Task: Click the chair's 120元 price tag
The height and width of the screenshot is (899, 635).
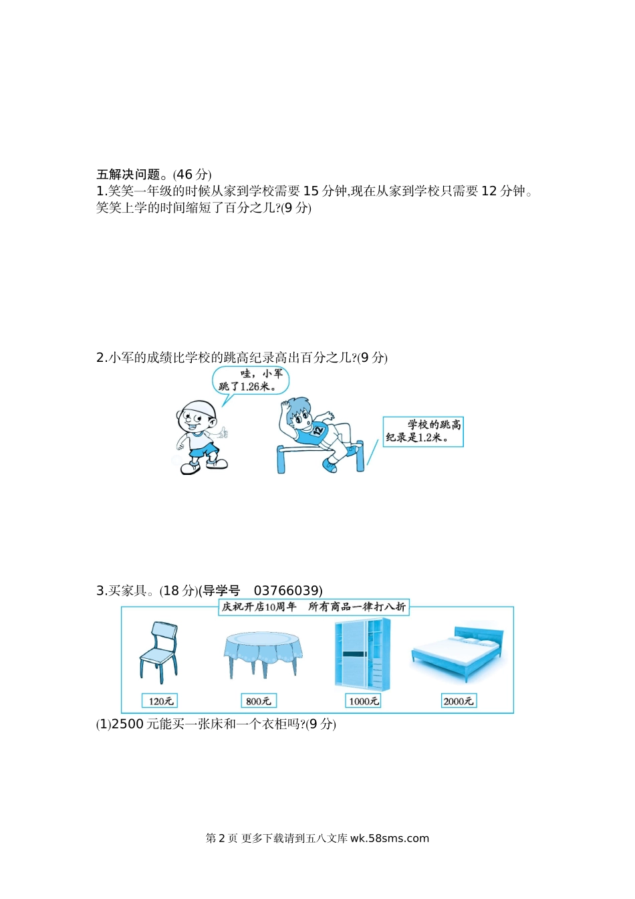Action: click(x=160, y=701)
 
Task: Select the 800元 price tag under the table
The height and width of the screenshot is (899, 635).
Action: click(x=258, y=701)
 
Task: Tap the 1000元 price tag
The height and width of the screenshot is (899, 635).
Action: click(x=363, y=701)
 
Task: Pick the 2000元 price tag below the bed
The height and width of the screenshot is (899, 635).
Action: click(x=459, y=701)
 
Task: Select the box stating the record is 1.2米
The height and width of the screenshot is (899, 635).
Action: click(x=423, y=432)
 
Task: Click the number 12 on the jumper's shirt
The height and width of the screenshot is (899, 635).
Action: click(x=319, y=431)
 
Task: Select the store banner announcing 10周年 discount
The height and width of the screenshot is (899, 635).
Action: click(x=313, y=607)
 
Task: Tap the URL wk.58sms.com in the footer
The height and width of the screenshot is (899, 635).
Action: click(x=390, y=838)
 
